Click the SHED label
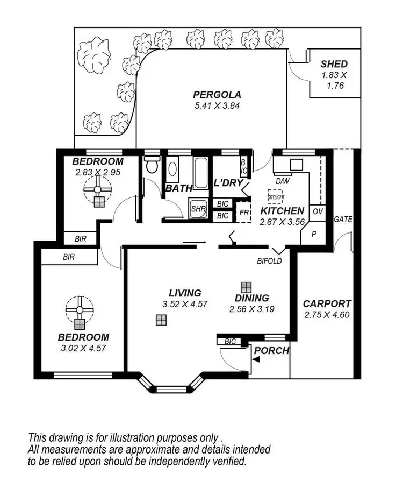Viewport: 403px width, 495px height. point(334,64)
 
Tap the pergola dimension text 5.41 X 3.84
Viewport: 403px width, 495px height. point(217,105)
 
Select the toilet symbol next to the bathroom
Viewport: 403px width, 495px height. point(152,165)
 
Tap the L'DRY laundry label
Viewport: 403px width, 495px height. point(229,183)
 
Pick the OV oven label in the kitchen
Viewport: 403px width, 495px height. point(317,211)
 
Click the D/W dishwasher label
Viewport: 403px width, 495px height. point(282,181)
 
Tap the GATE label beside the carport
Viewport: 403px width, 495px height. point(343,220)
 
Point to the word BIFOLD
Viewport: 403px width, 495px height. point(268,261)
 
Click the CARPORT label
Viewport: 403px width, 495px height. point(327,303)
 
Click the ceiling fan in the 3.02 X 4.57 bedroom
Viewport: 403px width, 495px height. point(80,310)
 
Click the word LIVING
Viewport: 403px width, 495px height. point(185,293)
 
